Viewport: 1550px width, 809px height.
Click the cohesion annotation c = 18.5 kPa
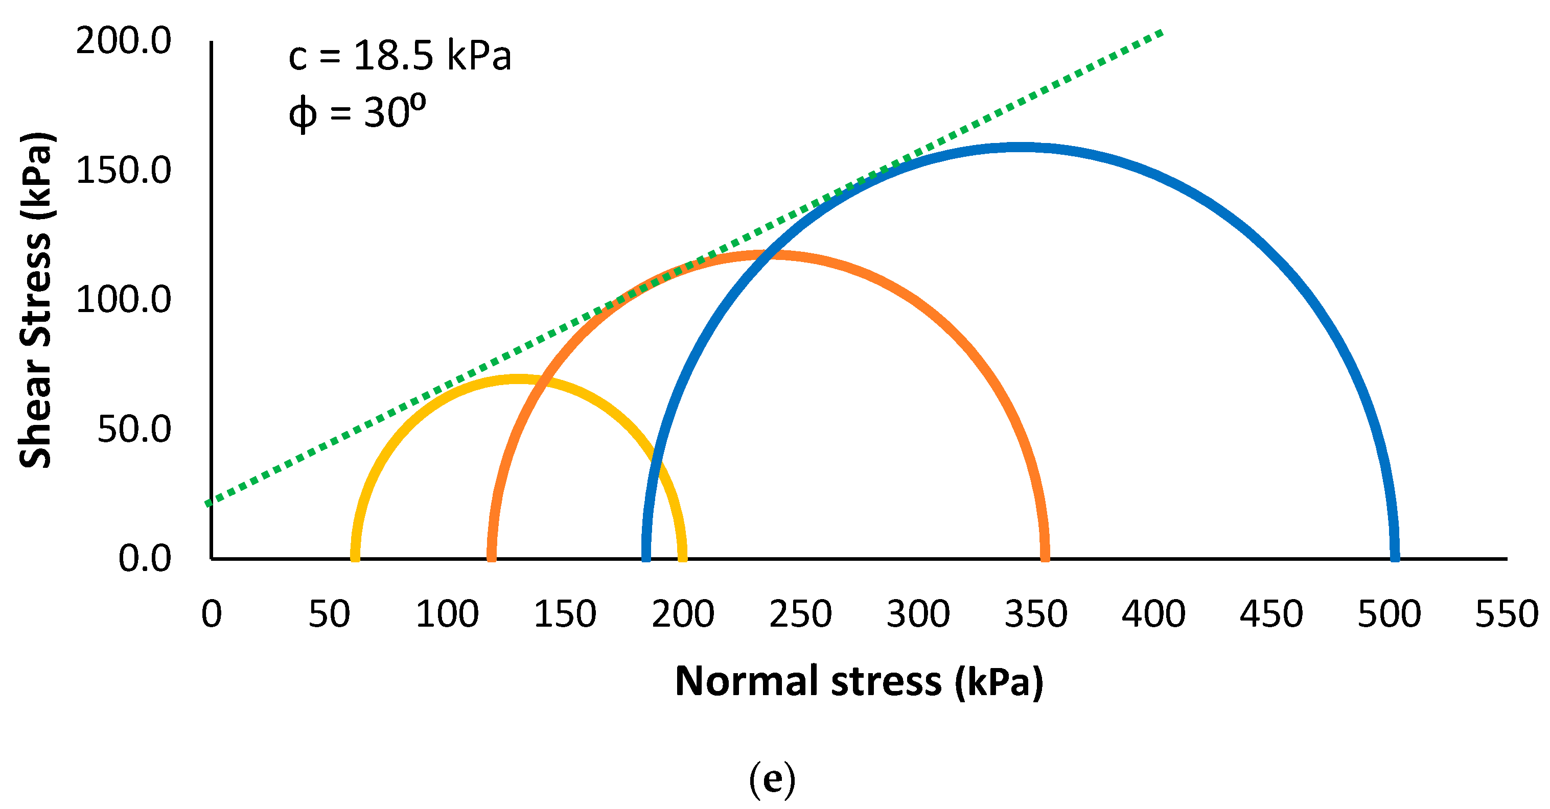400,56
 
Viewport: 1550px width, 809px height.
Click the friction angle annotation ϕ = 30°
357,112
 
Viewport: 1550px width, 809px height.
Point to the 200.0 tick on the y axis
123,41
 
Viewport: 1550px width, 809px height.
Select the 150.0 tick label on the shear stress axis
123,171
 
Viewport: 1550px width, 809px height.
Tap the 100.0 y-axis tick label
123,299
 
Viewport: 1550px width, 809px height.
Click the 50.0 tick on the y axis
133,430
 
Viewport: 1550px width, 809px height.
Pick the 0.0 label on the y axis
145,559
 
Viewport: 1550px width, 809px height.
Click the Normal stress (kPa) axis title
859,681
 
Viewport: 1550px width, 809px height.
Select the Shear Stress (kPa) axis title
36,299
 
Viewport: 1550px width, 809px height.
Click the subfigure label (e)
772,779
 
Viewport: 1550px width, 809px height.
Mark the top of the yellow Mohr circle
519,379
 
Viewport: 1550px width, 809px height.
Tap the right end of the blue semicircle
1394,556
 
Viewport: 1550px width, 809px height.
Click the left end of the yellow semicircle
355,556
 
